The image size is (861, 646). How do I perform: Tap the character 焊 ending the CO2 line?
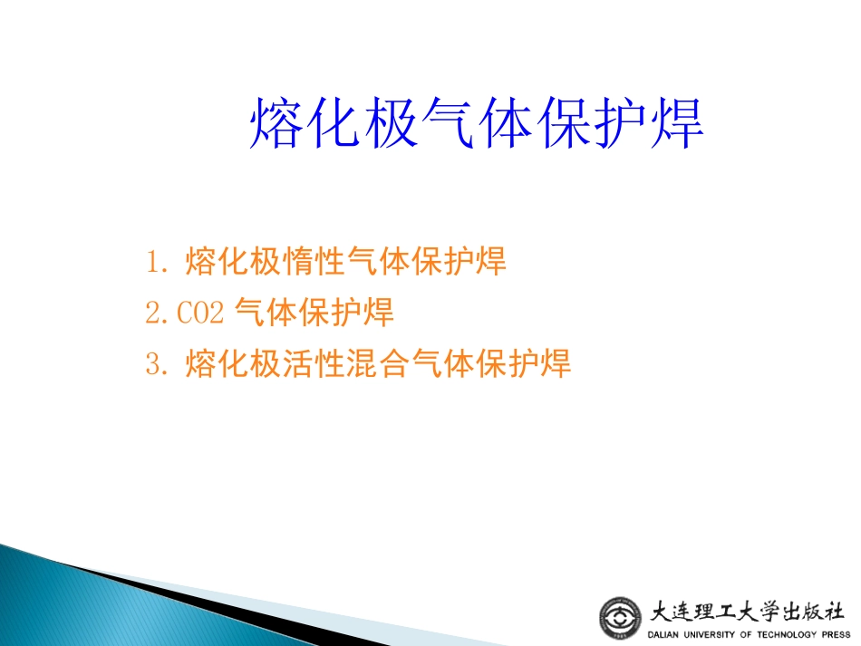tap(378, 313)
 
